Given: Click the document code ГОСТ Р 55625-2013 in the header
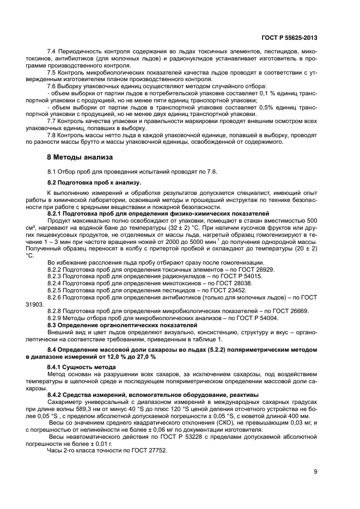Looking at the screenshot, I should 291,38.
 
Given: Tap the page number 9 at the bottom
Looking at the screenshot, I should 315,472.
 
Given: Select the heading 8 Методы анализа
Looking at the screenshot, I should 80,157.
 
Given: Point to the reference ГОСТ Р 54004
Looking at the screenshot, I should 255,318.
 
